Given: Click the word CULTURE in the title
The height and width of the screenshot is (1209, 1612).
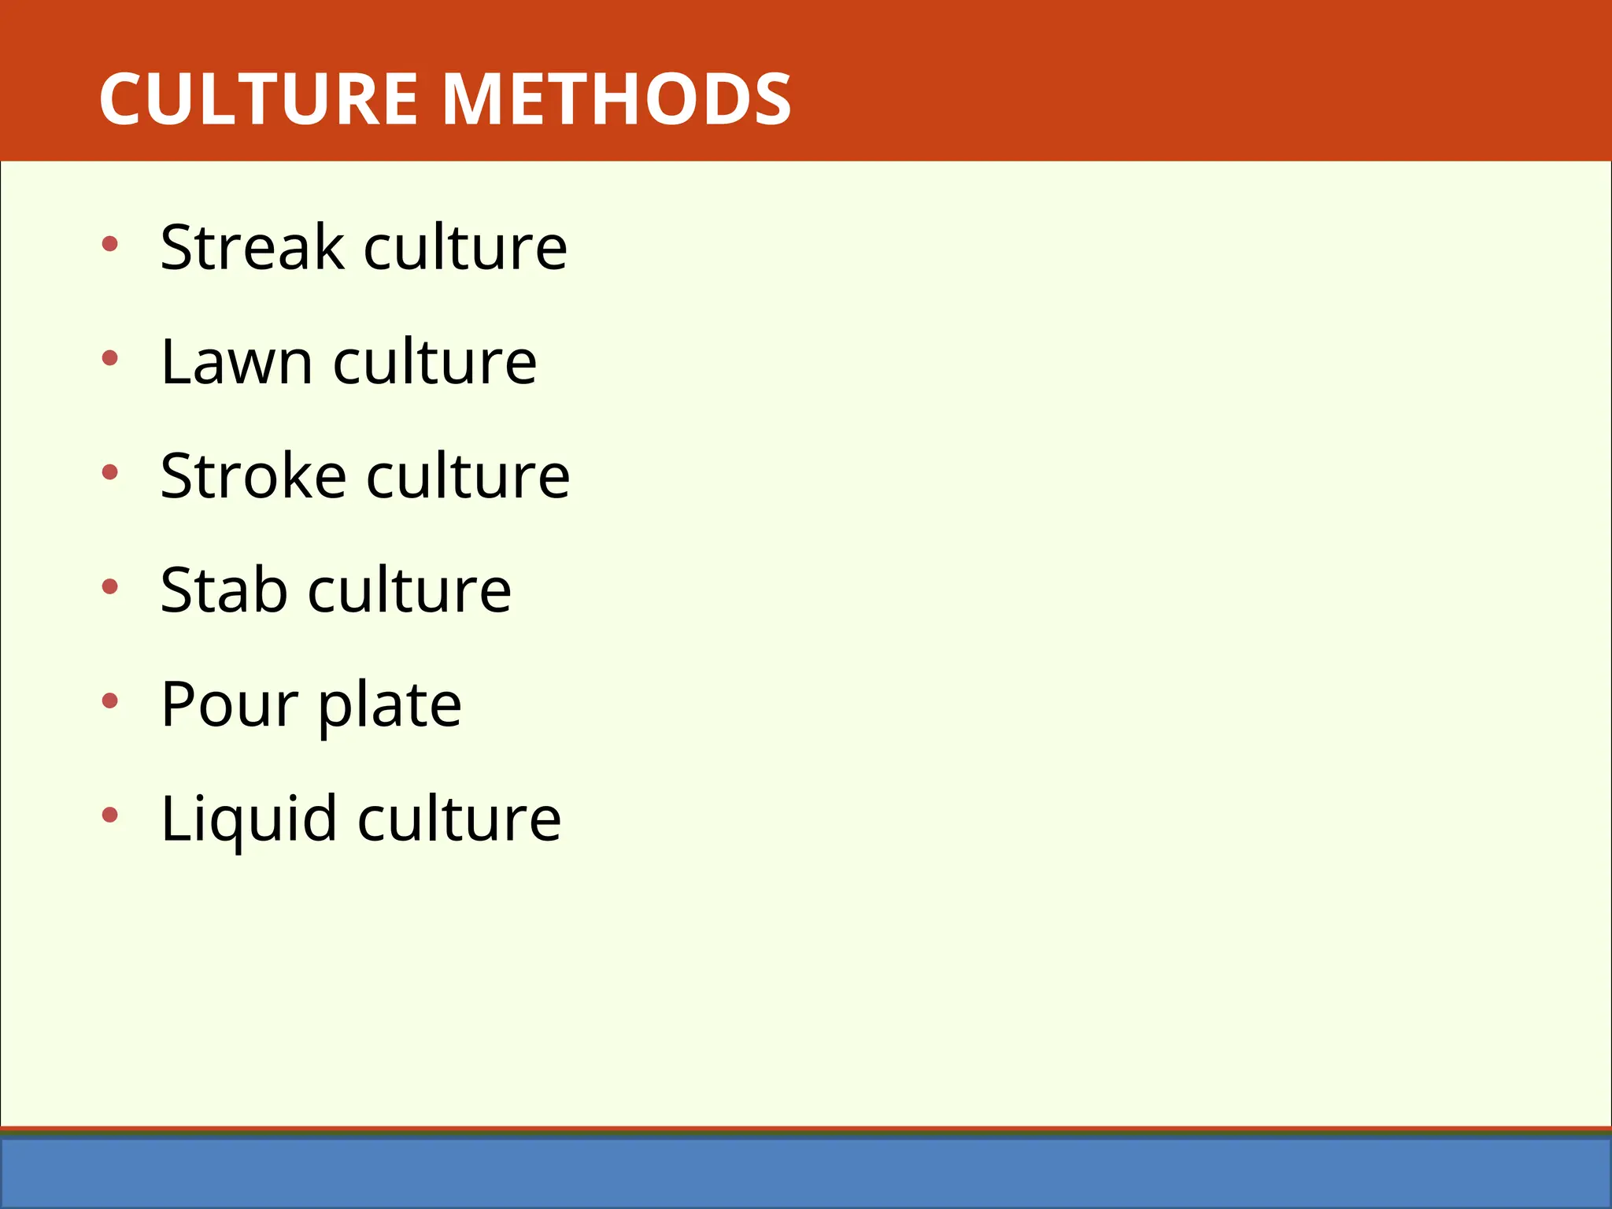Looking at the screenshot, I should point(258,99).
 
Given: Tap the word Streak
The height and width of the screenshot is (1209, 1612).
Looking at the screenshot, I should point(253,247).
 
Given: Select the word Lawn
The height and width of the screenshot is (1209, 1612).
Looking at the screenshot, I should point(237,362).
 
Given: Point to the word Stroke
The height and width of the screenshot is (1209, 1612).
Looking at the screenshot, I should point(253,476).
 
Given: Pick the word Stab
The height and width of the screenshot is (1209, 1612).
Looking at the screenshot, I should point(224,590).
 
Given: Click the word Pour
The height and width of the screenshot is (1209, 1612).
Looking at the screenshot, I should point(229,705).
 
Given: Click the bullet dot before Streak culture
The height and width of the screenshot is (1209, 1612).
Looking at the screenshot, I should point(110,244).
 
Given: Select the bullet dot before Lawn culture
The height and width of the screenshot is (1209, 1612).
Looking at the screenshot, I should point(110,359).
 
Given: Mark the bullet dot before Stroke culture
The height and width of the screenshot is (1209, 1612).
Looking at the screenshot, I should point(110,473).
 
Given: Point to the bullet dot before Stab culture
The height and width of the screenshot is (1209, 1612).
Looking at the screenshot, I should point(110,587).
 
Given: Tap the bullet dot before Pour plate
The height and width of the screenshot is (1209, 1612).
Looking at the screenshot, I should point(110,701).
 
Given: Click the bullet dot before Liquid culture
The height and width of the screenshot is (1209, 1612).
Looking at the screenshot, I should point(110,815).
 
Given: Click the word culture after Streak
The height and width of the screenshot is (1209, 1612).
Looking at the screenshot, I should point(465,247).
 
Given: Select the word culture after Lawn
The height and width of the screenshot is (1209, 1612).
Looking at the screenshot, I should point(435,362).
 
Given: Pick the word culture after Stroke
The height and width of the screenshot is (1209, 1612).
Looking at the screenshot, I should point(468,476).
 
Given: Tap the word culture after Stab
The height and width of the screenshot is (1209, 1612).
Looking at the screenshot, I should point(409,590).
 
